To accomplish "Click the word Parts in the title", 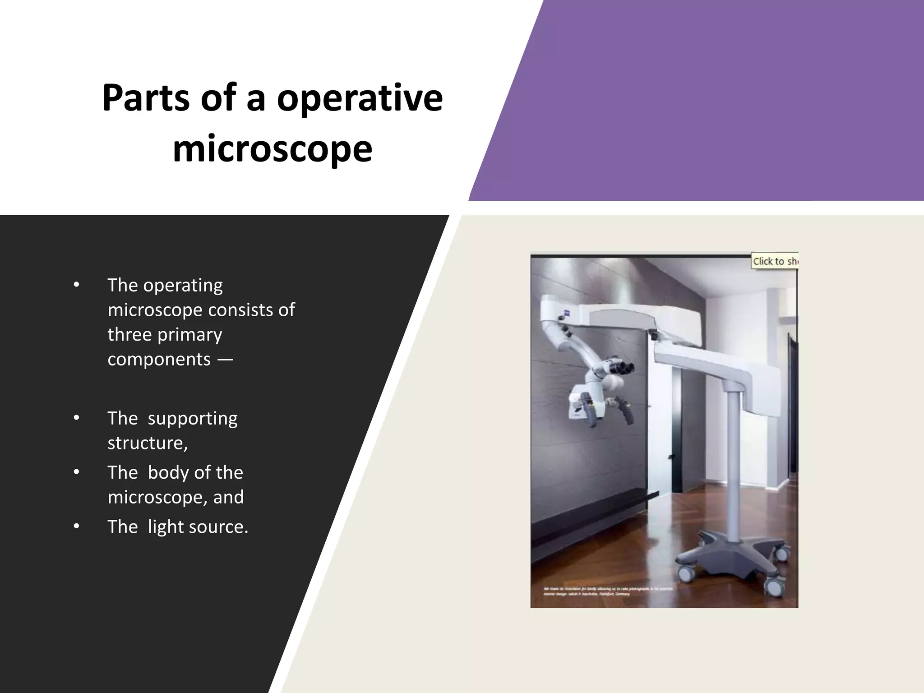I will (146, 98).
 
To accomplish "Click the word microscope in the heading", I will (273, 149).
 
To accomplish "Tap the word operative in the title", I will (360, 98).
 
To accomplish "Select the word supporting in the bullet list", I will (192, 418).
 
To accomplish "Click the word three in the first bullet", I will (129, 335).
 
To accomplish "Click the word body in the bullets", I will (168, 472).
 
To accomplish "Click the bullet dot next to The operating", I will (76, 285).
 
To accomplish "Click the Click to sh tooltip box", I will (774, 261).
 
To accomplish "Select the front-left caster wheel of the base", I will (685, 574).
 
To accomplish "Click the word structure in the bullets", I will (147, 443).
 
